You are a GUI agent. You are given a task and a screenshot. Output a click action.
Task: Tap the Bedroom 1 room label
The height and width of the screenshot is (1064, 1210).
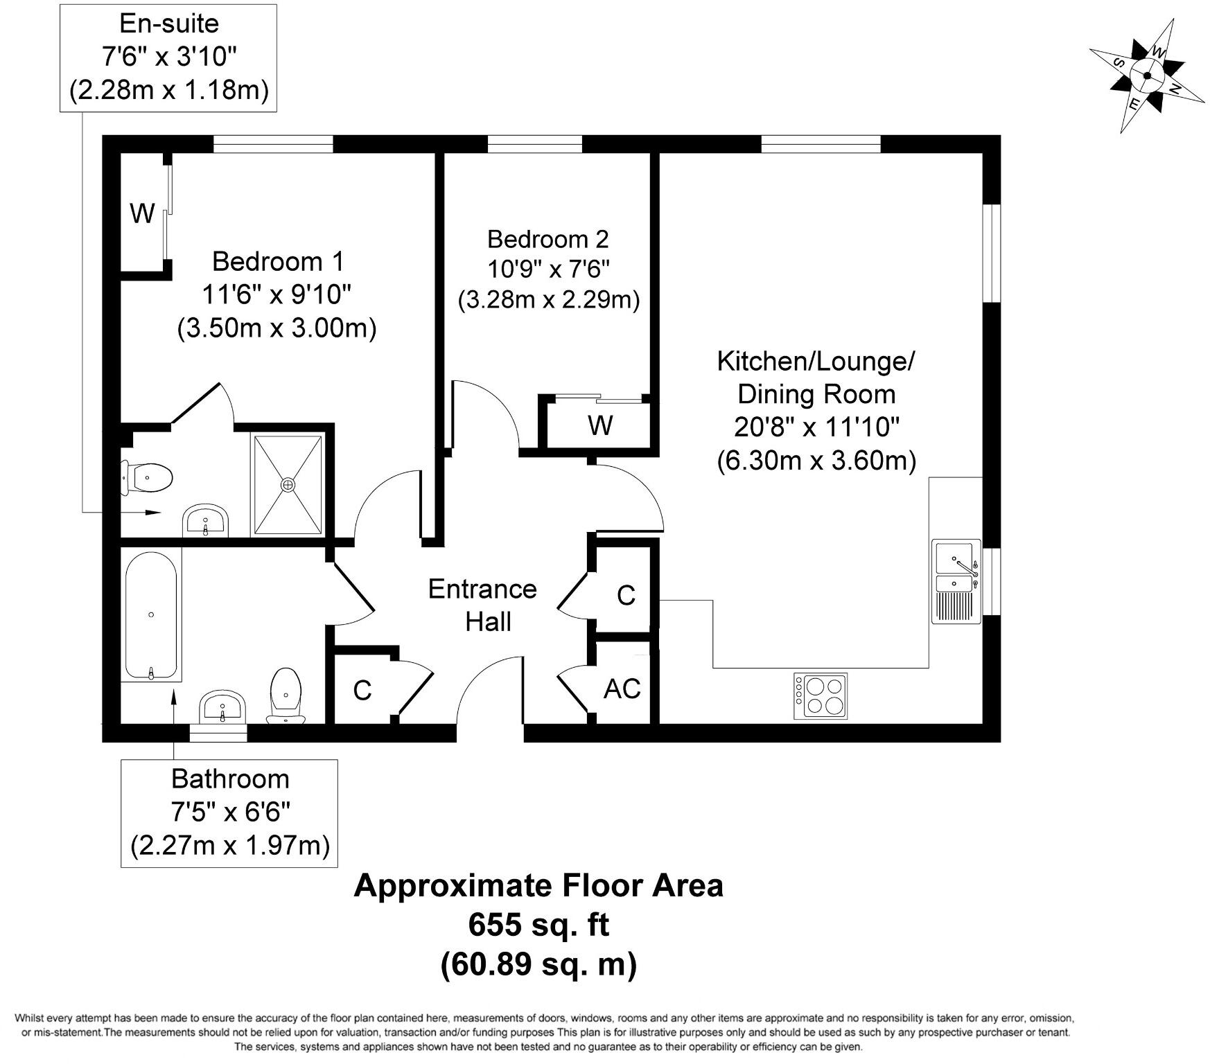(x=277, y=261)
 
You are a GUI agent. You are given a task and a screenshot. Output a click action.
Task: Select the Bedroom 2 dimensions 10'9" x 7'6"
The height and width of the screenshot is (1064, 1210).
(x=547, y=269)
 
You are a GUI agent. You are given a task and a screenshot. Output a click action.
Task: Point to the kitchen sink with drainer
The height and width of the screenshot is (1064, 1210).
(x=956, y=581)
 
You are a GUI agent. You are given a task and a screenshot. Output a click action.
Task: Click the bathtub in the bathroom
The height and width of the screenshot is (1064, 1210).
(x=152, y=614)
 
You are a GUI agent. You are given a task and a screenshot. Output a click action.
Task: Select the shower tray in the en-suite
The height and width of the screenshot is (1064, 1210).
(x=288, y=485)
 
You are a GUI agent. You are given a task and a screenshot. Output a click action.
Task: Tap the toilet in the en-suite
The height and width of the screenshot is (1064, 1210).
(x=146, y=478)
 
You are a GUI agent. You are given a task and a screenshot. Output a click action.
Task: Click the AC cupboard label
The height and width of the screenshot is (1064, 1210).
(x=622, y=689)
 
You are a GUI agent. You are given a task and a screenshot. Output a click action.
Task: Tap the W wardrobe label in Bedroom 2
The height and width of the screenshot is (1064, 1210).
(x=599, y=425)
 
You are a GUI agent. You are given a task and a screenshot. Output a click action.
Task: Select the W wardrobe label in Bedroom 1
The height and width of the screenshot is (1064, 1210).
(x=142, y=213)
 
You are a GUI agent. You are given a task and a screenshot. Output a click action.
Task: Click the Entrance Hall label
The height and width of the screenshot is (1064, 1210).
(x=482, y=605)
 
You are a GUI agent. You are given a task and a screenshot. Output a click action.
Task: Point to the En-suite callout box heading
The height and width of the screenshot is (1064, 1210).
(x=169, y=24)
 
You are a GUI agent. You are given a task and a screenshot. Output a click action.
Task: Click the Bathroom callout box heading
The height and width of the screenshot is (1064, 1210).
(x=230, y=779)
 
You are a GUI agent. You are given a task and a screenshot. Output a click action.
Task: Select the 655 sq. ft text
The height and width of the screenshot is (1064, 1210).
(x=538, y=924)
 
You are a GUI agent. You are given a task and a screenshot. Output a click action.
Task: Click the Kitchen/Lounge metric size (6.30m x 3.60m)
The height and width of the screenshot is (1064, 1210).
(x=816, y=460)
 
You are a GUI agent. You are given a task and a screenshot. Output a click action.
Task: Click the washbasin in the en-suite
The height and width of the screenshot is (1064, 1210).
(x=206, y=520)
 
